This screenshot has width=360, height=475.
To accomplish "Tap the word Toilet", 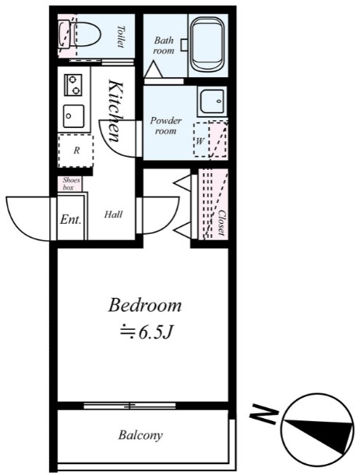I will pyautogui.click(x=121, y=36).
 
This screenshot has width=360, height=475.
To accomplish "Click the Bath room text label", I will pyautogui.click(x=164, y=44).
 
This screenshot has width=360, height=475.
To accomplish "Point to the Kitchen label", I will pyautogui.click(x=115, y=110).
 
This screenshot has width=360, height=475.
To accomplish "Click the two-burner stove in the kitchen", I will pyautogui.click(x=73, y=84).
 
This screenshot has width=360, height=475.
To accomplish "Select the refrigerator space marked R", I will pyautogui.click(x=76, y=151).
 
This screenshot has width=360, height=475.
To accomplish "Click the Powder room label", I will pyautogui.click(x=166, y=126).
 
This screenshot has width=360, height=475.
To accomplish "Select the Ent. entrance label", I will pyautogui.click(x=70, y=219).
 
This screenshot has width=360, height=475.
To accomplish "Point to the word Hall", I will pyautogui.click(x=113, y=214).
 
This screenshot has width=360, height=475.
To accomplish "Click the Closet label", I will pyautogui.click(x=221, y=222).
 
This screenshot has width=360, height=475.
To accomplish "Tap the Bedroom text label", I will pyautogui.click(x=145, y=304).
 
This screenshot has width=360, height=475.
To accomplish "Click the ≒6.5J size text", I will pyautogui.click(x=145, y=332).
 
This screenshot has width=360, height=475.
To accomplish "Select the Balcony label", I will pyautogui.click(x=140, y=435).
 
